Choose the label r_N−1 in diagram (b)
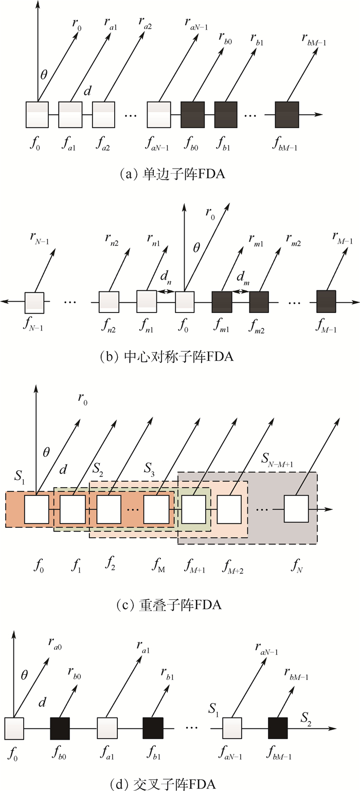[40, 238]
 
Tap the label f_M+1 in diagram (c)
[194, 566]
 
